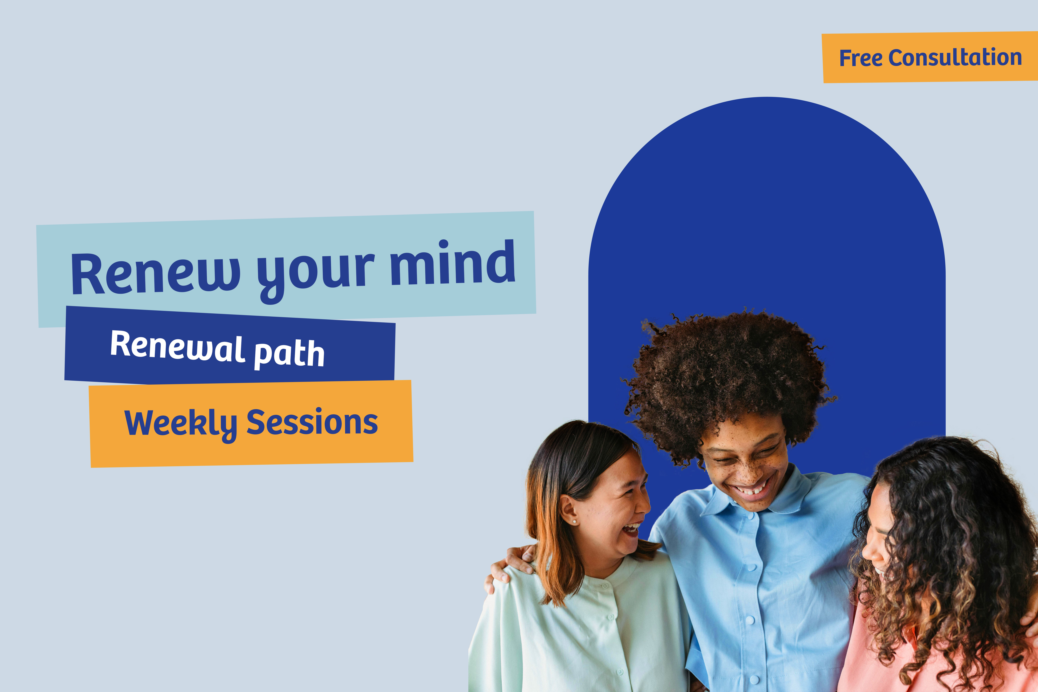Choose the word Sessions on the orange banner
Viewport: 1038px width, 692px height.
(312, 422)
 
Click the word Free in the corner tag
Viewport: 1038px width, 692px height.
(861, 58)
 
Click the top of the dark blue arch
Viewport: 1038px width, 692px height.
(767, 104)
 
